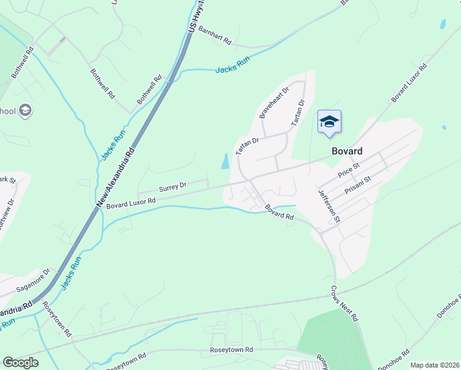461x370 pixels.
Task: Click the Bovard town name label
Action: (346, 151)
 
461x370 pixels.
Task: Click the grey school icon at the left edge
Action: (25, 111)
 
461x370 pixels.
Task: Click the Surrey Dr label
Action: (173, 185)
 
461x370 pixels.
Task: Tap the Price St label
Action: (348, 170)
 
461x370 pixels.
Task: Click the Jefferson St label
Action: (329, 205)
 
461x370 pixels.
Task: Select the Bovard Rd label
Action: (279, 213)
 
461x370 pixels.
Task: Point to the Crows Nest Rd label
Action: (344, 304)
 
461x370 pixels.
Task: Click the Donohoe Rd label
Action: (449, 310)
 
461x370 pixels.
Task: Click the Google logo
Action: (20, 363)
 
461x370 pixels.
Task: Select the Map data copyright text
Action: (434, 365)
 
